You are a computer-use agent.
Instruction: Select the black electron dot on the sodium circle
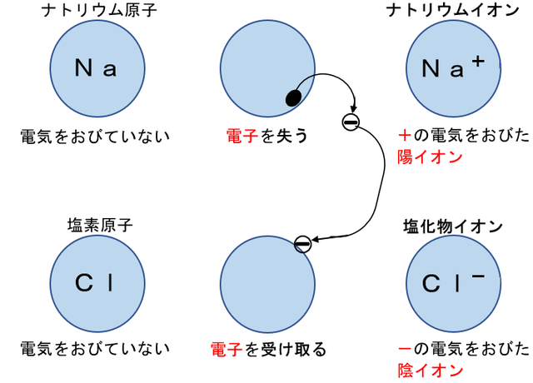(293, 97)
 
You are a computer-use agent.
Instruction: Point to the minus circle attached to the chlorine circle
(302, 244)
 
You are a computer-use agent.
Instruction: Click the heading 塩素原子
(99, 225)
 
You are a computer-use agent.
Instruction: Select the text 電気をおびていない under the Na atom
(95, 135)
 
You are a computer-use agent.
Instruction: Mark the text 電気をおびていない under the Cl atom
(95, 349)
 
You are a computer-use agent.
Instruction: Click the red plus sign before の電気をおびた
(405, 135)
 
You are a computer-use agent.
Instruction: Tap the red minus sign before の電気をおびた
(405, 349)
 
